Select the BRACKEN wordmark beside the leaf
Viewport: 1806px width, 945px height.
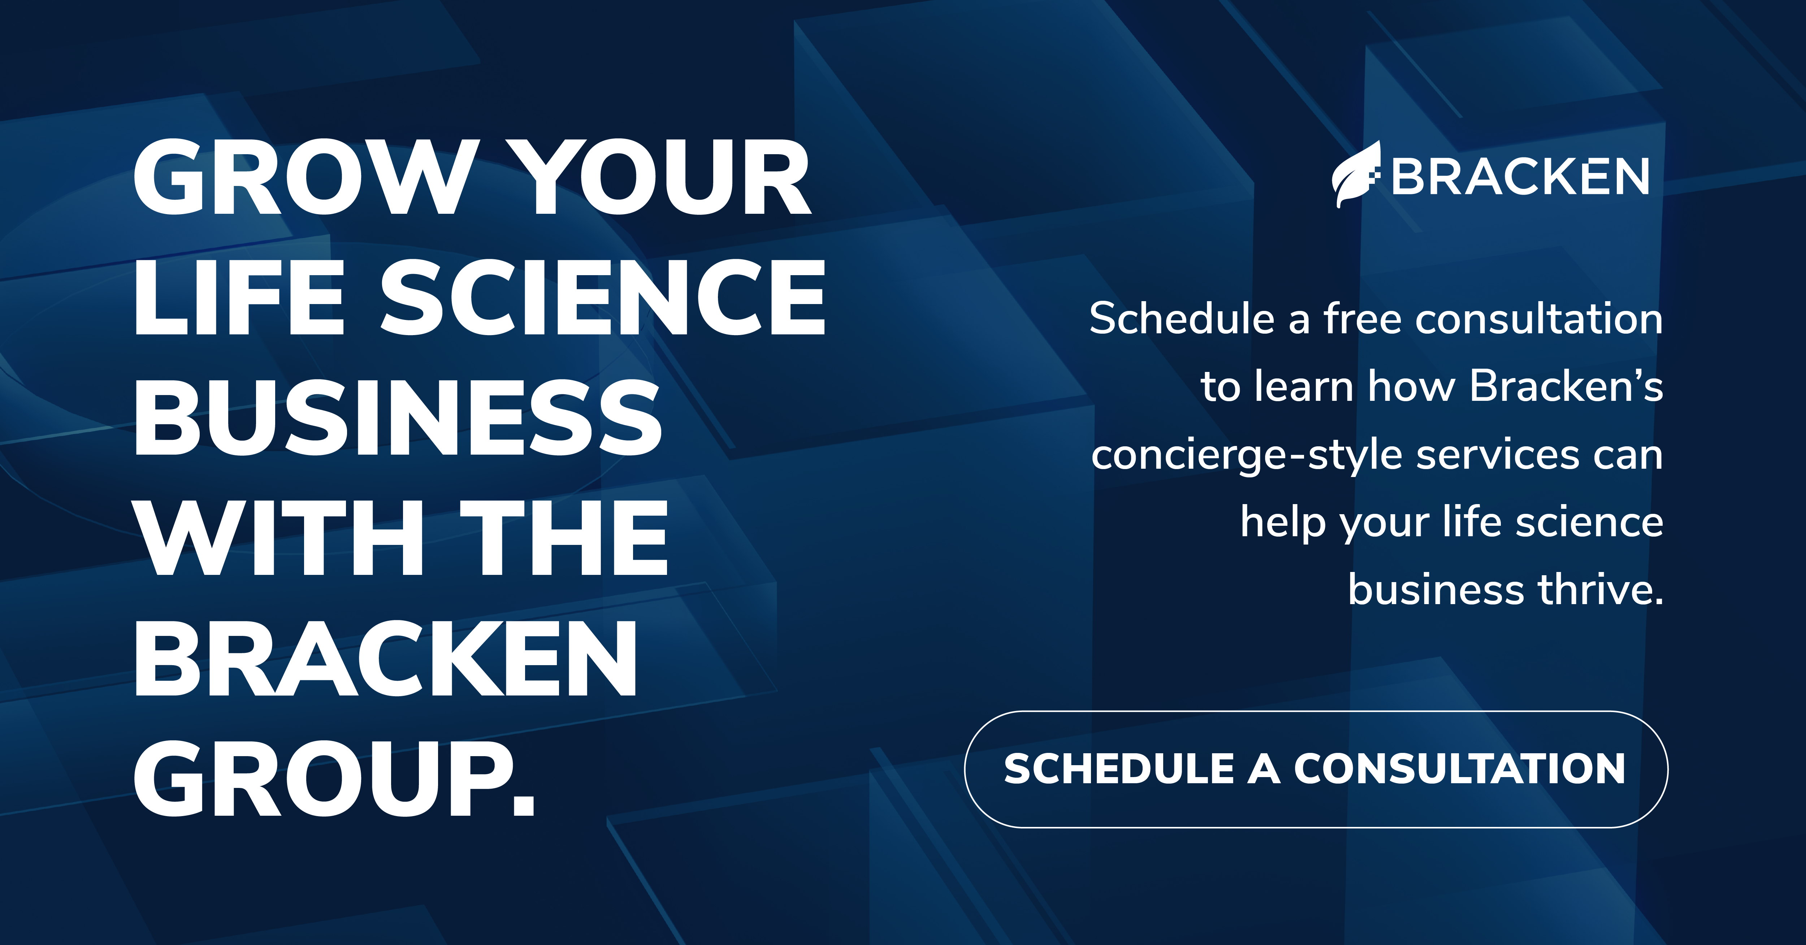pos(1520,177)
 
